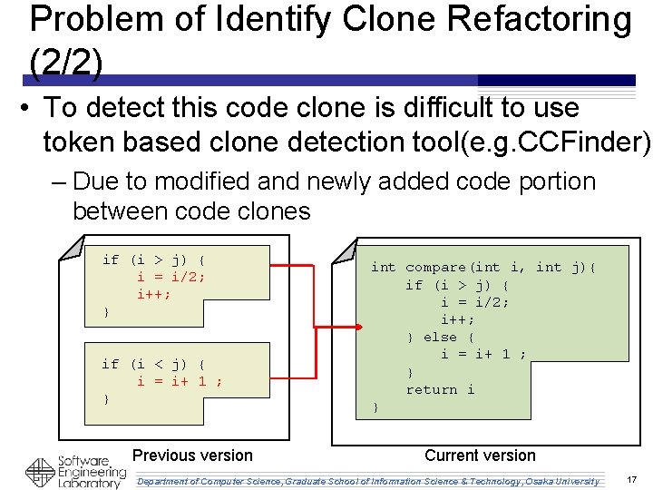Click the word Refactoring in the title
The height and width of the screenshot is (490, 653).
(531, 20)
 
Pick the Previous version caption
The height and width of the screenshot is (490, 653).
(192, 456)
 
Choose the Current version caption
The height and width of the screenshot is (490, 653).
(480, 456)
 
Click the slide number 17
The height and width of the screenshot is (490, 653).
(631, 479)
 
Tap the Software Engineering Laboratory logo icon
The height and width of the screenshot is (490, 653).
(39, 472)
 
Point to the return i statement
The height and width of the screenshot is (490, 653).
(440, 389)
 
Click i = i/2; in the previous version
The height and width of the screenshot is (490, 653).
(171, 277)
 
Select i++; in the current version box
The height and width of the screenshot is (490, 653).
(457, 319)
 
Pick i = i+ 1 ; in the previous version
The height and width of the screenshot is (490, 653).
(180, 381)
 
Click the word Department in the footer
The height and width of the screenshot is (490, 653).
(167, 481)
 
